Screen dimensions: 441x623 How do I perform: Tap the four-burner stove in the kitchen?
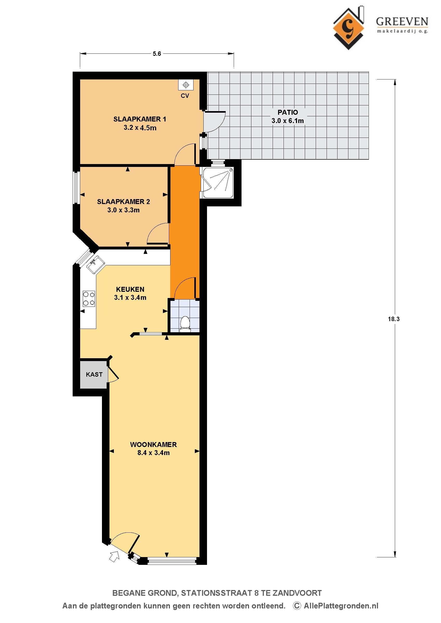pos(89,299)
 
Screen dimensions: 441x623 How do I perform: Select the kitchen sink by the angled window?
pos(95,265)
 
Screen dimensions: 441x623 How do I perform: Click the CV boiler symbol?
pos(186,85)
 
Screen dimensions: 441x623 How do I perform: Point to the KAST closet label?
pos(94,375)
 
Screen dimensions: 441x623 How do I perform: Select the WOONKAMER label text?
pos(153,444)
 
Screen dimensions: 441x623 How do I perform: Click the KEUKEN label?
pos(130,289)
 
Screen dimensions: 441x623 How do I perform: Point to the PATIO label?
pos(288,112)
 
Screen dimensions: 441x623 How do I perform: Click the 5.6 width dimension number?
pos(157,54)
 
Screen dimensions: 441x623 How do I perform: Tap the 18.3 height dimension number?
pos(394,319)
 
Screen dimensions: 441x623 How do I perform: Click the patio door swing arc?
pos(219,124)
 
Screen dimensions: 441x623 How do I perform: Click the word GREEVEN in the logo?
pos(402,22)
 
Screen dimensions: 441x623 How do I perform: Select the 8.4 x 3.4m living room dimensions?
pos(153,453)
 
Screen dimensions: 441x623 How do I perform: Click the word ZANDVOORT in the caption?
pos(297,593)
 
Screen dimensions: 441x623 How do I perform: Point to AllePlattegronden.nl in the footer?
pos(341,606)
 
